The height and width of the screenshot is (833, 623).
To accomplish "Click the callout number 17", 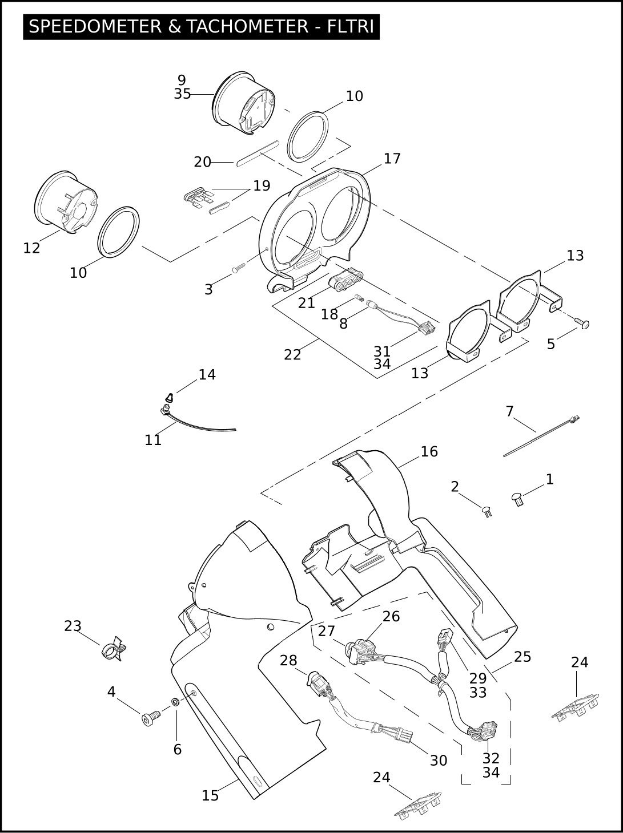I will coord(392,159).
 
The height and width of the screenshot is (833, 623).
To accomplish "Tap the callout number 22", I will coord(292,355).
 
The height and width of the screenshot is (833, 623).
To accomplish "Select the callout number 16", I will coord(429,452).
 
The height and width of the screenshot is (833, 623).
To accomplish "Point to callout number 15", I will coord(210,795).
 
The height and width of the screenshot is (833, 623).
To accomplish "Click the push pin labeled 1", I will coord(517,499).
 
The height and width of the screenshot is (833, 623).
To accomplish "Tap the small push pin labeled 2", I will coord(487,510).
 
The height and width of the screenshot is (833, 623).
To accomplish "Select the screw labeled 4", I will coord(150,719).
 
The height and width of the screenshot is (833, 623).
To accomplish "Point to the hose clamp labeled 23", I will coord(113,649).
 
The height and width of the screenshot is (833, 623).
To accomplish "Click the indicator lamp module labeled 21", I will coord(346,281).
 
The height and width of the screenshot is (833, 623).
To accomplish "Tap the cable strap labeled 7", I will coord(537,438).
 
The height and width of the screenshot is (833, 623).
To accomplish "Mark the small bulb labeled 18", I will coord(359,298).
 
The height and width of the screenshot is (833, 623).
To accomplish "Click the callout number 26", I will coord(391,617).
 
